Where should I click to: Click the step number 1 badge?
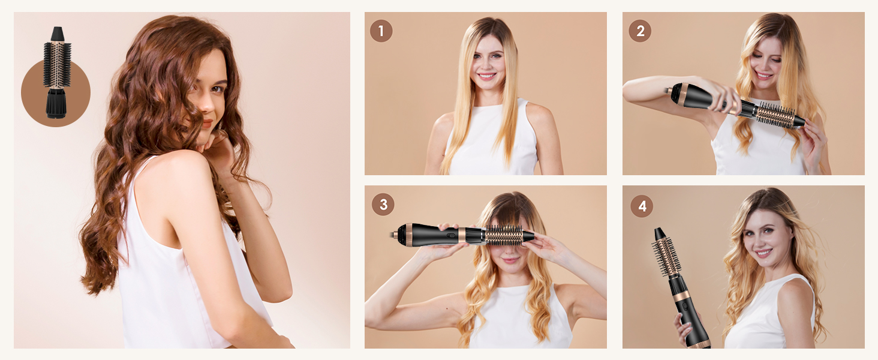click(x=381, y=31)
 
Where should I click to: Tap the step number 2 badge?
click(x=640, y=31)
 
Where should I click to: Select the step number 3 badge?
click(x=383, y=205)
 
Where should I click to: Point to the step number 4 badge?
click(x=642, y=206)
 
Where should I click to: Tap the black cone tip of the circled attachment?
click(x=57, y=34)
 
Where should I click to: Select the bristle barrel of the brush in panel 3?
click(x=503, y=235)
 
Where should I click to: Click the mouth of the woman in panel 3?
click(x=510, y=260)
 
